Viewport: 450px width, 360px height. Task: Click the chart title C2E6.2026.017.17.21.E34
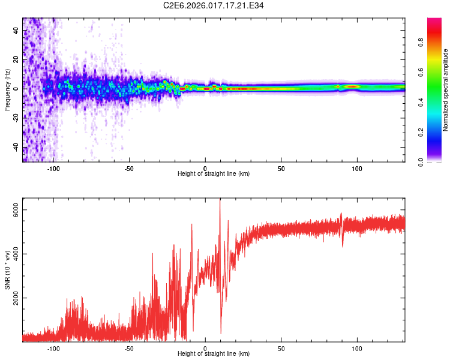pyautogui.click(x=214, y=5)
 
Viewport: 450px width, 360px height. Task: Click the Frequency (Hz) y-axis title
pyautogui.click(x=7, y=90)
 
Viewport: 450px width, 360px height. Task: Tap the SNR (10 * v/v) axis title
pyautogui.click(x=7, y=270)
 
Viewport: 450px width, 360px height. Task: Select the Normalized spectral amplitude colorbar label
pyautogui.click(x=446, y=90)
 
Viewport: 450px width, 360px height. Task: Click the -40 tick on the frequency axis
pyautogui.click(x=17, y=147)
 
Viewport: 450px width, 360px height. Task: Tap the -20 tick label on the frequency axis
pyautogui.click(x=17, y=118)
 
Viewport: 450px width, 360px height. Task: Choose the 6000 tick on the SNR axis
pyautogui.click(x=17, y=209)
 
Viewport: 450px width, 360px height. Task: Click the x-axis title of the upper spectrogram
pyautogui.click(x=214, y=174)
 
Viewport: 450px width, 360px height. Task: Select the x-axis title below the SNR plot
pyautogui.click(x=214, y=354)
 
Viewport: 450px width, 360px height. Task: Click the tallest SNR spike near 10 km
pyautogui.click(x=220, y=200)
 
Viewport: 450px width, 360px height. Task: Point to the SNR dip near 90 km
pyautogui.click(x=342, y=245)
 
